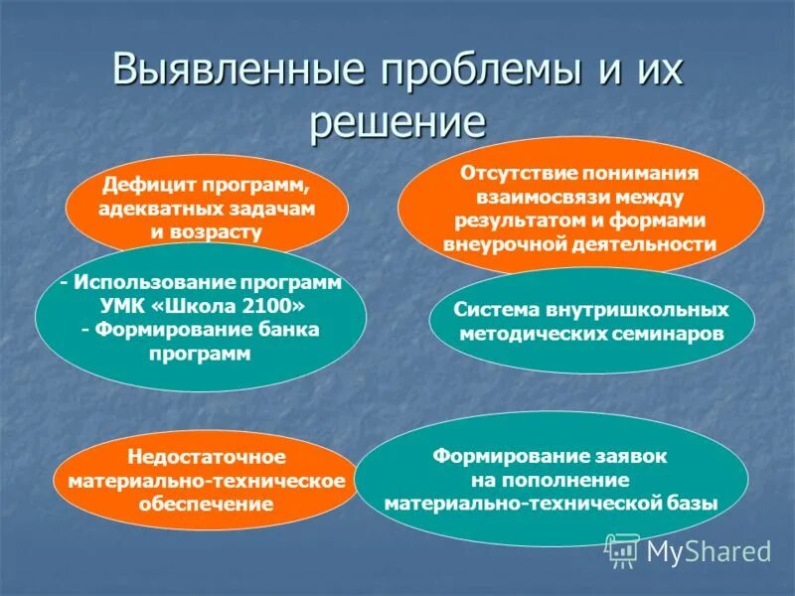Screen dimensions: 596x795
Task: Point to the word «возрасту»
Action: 221,232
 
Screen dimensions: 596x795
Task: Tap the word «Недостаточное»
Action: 206,457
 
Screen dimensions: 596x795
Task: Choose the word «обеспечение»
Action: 206,505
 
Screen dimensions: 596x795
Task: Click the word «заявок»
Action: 633,456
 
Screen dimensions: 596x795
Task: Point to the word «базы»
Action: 690,504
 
